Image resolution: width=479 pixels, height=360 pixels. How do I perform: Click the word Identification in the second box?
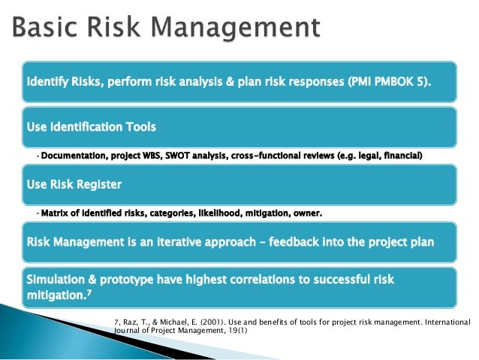coord(90,126)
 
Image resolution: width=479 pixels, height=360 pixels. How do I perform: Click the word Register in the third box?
coord(96,184)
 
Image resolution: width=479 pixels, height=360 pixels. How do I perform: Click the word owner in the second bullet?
coord(305,213)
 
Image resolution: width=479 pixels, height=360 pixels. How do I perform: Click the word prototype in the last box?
coord(130,279)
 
